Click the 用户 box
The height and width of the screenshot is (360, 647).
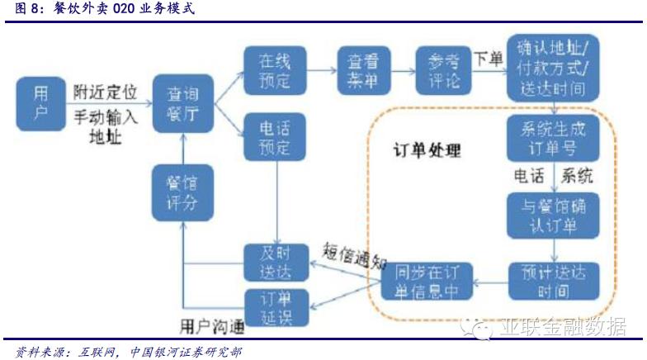(x=41, y=104)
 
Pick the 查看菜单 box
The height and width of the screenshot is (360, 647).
(x=360, y=69)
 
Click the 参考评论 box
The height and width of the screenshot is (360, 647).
(x=442, y=70)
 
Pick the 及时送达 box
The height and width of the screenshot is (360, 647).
(x=276, y=263)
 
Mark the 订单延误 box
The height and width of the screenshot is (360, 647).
(x=276, y=306)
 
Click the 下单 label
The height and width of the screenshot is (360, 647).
(x=488, y=59)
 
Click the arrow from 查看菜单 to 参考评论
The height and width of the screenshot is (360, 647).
(x=401, y=71)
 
